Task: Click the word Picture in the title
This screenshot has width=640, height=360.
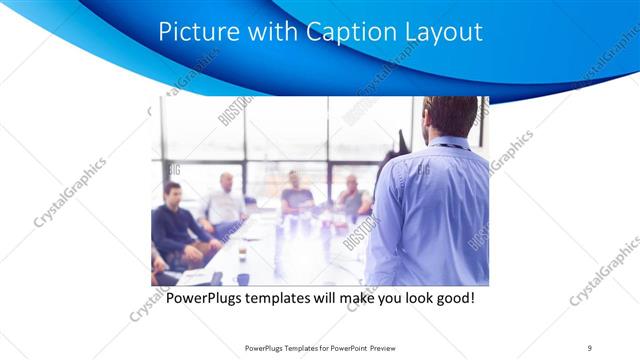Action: coord(196,33)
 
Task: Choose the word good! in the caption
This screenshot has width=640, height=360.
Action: coord(450,298)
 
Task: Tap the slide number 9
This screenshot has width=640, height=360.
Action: coord(589,348)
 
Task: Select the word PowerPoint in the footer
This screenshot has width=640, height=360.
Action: coord(345,348)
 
